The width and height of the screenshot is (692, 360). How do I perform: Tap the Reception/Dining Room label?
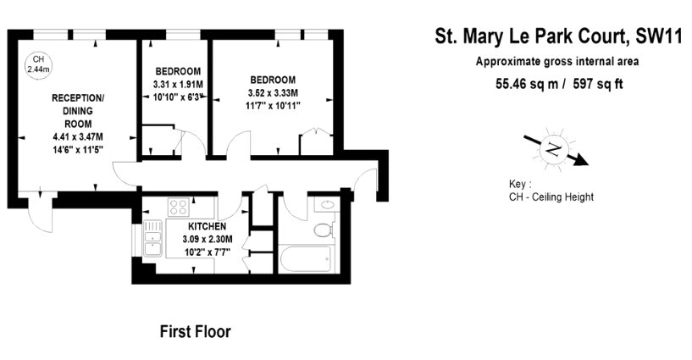tap(78, 111)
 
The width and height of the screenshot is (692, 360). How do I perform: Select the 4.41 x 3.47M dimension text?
tap(78, 137)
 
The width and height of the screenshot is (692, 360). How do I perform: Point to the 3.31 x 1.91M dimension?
tap(178, 84)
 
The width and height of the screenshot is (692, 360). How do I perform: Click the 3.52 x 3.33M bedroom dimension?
tap(273, 92)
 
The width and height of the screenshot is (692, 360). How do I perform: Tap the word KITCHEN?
tap(207, 226)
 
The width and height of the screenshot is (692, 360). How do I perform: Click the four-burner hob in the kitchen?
tap(179, 207)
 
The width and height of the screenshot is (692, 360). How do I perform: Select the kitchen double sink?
tap(152, 238)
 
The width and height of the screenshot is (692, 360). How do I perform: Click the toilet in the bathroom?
tap(324, 230)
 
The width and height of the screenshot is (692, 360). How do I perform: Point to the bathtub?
tap(306, 259)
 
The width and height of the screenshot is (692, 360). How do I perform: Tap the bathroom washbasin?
tap(327, 205)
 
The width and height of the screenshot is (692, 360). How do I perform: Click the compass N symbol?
tap(553, 150)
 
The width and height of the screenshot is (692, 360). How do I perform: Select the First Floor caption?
tap(195, 331)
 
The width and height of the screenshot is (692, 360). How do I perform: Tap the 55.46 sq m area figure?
tap(527, 84)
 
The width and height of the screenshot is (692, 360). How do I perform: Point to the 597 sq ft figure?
tap(597, 84)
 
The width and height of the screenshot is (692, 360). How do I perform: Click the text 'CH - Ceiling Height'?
tap(551, 197)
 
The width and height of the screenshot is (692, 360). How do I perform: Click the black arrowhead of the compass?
tap(581, 160)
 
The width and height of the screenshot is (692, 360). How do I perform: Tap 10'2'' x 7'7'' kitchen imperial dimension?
tap(207, 252)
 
